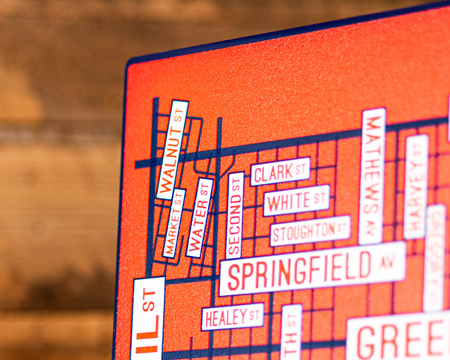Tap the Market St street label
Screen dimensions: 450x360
(174, 223)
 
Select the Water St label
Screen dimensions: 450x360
(200, 218)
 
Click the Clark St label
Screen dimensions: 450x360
(280, 172)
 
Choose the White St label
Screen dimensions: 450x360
(297, 200)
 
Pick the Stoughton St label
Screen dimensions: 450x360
(310, 230)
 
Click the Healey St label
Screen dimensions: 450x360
(232, 317)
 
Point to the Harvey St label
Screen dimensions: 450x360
(416, 187)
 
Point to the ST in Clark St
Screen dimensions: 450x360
(302, 169)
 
